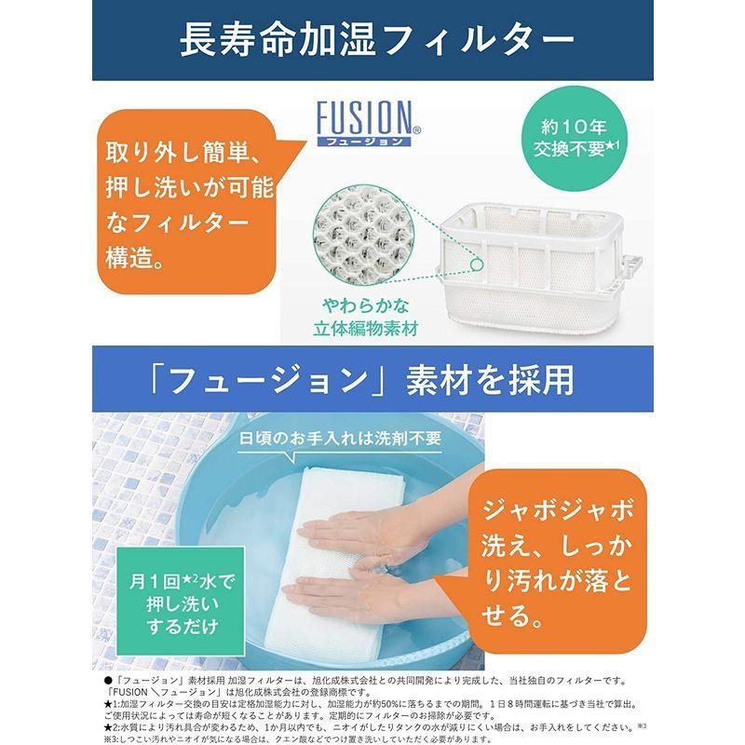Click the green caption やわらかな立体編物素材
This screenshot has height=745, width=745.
370,316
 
